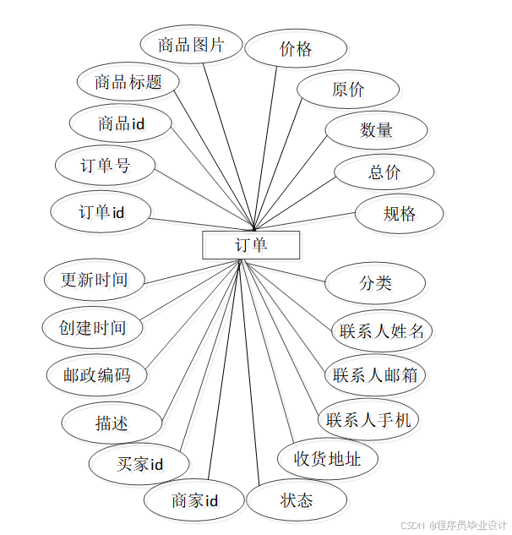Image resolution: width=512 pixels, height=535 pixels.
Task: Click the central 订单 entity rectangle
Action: pyautogui.click(x=251, y=245)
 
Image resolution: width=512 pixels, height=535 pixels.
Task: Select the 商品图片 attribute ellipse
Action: pyautogui.click(x=191, y=45)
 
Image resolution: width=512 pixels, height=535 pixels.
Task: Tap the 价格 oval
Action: pyautogui.click(x=296, y=49)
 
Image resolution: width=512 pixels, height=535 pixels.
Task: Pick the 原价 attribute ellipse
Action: pyautogui.click(x=347, y=90)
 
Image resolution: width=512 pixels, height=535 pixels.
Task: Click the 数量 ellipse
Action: pyautogui.click(x=376, y=130)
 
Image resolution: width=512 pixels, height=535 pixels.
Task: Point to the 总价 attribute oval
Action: pyautogui.click(x=384, y=172)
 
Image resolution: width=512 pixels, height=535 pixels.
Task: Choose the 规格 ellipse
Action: pyautogui.click(x=400, y=214)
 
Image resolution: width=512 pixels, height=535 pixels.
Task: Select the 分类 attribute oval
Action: pyautogui.click(x=375, y=282)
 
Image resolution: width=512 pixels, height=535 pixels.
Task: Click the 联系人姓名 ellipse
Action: pyautogui.click(x=381, y=330)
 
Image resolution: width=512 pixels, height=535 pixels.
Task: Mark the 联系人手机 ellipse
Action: pyautogui.click(x=368, y=419)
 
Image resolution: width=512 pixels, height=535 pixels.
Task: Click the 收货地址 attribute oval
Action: pyautogui.click(x=327, y=459)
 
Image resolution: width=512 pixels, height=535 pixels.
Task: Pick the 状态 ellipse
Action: pyautogui.click(x=297, y=500)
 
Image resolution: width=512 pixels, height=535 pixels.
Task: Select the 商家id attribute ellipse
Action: pyautogui.click(x=194, y=501)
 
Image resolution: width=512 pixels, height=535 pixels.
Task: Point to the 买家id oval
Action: pyautogui.click(x=139, y=464)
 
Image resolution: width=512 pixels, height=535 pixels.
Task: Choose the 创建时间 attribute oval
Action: pyautogui.click(x=92, y=328)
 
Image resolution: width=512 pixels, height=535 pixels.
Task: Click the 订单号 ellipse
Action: pyautogui.click(x=105, y=166)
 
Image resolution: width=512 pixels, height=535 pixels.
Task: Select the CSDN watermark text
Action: pyautogui.click(x=452, y=525)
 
